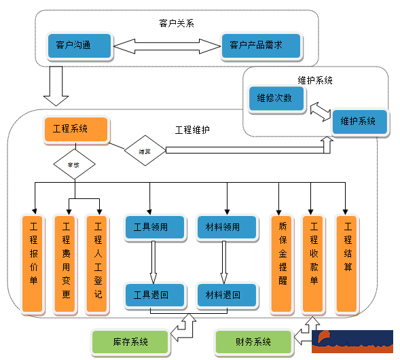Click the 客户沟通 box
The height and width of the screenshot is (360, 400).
pos(77,46)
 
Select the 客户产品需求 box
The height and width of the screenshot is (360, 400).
pos(260,46)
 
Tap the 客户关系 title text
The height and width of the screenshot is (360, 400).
pos(177,23)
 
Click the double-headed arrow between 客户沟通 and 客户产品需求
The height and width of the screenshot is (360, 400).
pos(166,47)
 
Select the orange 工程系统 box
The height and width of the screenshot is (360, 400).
pos(74,129)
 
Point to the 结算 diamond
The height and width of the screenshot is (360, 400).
pos(145,151)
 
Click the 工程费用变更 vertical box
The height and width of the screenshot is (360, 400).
pos(66,264)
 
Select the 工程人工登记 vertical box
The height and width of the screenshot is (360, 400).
pos(98,264)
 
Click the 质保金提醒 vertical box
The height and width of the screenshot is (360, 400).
pos(282,264)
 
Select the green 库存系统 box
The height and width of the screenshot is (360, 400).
pos(130,341)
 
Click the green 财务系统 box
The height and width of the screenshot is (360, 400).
pos(254,341)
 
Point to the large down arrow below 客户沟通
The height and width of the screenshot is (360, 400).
pos(56,86)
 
